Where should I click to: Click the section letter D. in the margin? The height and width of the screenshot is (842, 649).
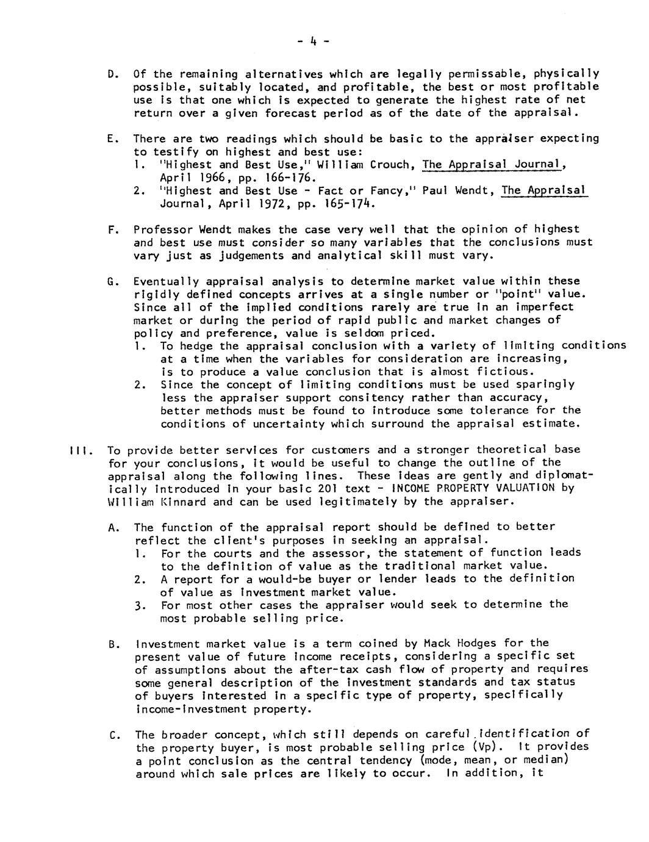pyautogui.click(x=111, y=74)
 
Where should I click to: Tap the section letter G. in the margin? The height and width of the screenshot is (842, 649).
pyautogui.click(x=111, y=281)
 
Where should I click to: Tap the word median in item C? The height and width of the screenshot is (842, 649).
pyautogui.click(x=546, y=761)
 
